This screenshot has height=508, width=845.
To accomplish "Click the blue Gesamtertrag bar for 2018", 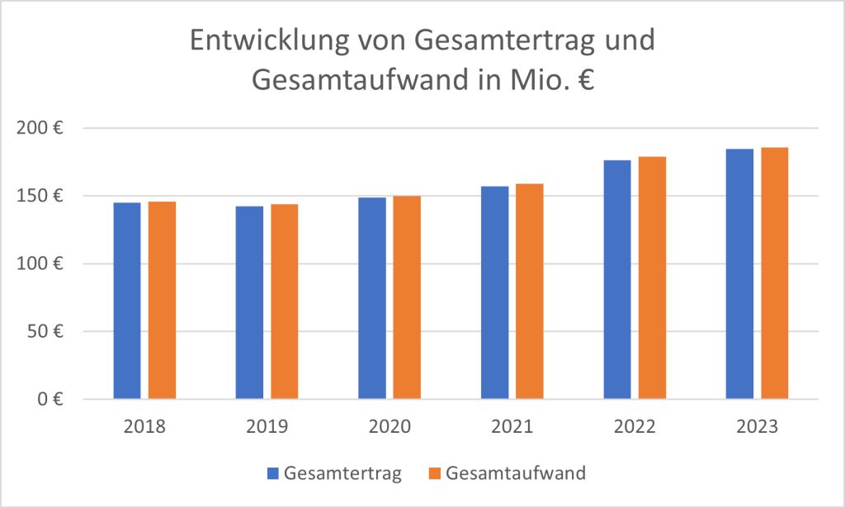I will (127, 301).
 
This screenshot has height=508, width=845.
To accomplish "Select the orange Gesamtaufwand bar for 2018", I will (163, 301).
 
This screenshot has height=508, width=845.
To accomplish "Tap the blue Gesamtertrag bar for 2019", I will (249, 302).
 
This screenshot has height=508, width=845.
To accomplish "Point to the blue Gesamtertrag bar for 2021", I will (495, 292).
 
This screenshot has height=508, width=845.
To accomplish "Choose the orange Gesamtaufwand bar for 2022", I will (652, 278).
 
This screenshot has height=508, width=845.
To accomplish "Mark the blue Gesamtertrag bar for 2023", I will (739, 274).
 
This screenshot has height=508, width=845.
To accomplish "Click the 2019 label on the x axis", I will (267, 428).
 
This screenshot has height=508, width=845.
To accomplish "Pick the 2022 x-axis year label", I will (635, 428).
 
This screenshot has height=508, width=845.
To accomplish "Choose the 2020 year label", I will (389, 428).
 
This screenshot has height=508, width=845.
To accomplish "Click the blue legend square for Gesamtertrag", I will (273, 473).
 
